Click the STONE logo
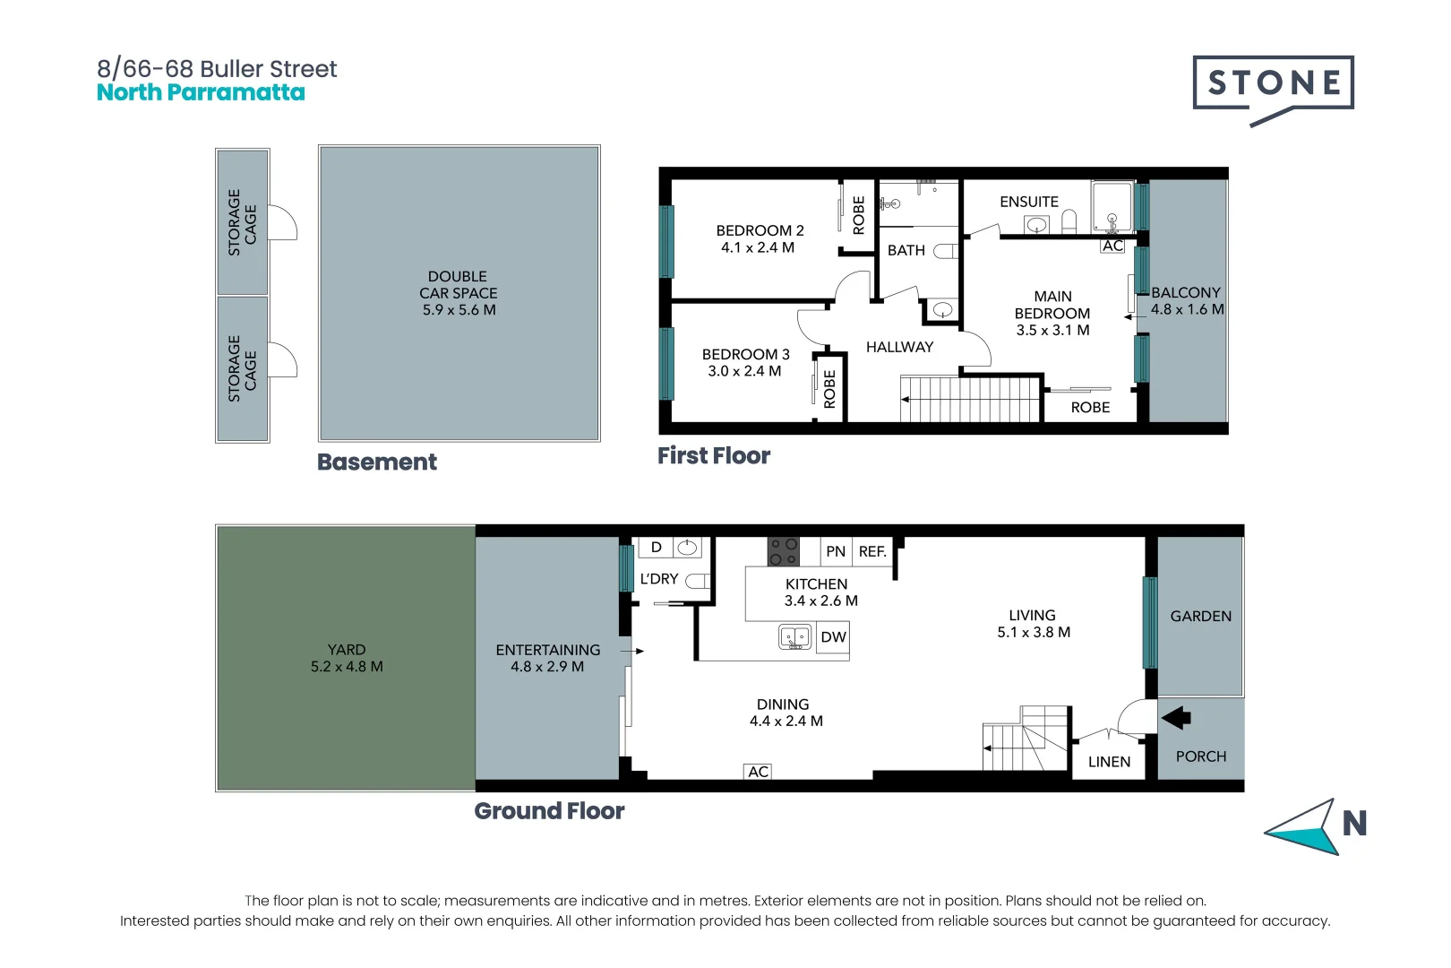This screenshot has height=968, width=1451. [1273, 83]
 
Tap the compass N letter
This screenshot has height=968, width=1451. [1354, 823]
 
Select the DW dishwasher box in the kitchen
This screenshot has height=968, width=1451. [833, 637]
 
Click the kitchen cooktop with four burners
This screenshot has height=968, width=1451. [783, 551]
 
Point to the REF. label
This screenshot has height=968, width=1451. [872, 551]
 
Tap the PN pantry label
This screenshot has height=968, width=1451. [836, 551]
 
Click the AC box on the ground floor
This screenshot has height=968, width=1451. [758, 772]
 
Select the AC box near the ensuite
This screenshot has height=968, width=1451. [1112, 246]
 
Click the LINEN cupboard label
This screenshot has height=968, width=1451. [1109, 762]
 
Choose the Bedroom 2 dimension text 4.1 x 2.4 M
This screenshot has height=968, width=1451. [758, 247]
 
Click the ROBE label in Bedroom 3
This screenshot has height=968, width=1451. [829, 388]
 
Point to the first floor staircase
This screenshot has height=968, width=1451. [970, 398]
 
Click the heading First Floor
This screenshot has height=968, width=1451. [714, 455]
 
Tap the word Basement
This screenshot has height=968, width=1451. [377, 462]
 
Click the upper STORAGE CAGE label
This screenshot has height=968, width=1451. [243, 222]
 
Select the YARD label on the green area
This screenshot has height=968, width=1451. [347, 650]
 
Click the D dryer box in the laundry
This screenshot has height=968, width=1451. [656, 548]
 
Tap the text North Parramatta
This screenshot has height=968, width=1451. [201, 92]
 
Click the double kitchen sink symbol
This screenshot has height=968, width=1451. [794, 637]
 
